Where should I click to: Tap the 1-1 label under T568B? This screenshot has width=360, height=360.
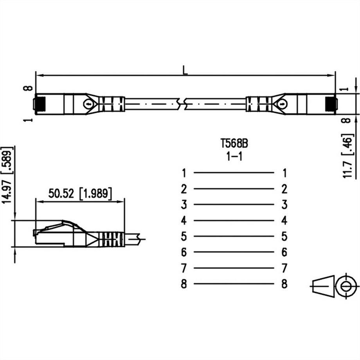coord(234,157)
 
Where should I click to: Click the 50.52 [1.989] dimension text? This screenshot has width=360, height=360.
coord(80,193)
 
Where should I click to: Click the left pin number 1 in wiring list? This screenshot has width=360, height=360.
coord(184,173)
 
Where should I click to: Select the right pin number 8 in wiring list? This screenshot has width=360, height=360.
coord(284,284)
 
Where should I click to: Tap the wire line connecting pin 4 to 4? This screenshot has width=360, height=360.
coord(234,221)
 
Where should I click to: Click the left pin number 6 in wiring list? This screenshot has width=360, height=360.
coord(184,252)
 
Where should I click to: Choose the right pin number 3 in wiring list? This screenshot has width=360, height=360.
coord(284,204)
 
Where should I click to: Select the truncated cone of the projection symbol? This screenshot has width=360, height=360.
coord(323,286)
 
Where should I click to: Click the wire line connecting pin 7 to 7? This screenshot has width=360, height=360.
coord(234,268)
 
